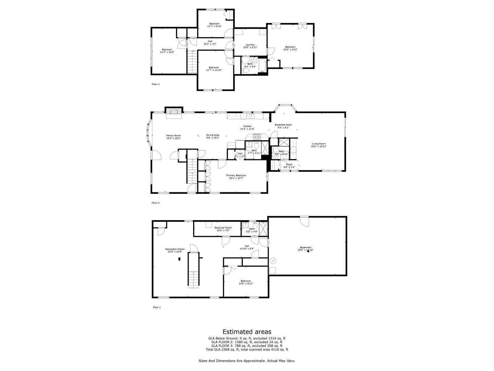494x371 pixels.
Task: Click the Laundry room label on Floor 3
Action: pyautogui.click(x=250, y=45)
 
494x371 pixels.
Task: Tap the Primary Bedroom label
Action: pyautogui.click(x=236, y=176)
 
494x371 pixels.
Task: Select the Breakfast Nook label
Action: pyautogui.click(x=283, y=125)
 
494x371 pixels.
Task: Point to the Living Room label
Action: pyautogui.click(x=319, y=144)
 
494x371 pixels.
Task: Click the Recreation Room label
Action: pyautogui.click(x=175, y=249)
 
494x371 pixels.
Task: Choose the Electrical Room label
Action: pyautogui.click(x=223, y=228)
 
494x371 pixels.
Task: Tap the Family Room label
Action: pyautogui.click(x=173, y=135)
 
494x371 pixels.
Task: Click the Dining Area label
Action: pyautogui.click(x=212, y=135)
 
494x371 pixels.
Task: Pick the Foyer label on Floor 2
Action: pyautogui.click(x=289, y=164)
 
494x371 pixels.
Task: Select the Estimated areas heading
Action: pyautogui.click(x=247, y=331)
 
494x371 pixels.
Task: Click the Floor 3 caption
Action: pyautogui.click(x=155, y=84)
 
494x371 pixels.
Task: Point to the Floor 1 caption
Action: pyautogui.click(x=156, y=307)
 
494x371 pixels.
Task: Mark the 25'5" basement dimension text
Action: pyautogui.click(x=305, y=250)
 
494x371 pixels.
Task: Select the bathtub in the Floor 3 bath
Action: pyautogui.click(x=262, y=66)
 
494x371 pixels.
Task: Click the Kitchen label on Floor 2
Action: pyautogui.click(x=247, y=126)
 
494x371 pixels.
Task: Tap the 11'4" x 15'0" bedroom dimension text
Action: pyautogui.click(x=167, y=52)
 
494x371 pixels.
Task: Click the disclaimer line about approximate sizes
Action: pyautogui.click(x=247, y=361)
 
